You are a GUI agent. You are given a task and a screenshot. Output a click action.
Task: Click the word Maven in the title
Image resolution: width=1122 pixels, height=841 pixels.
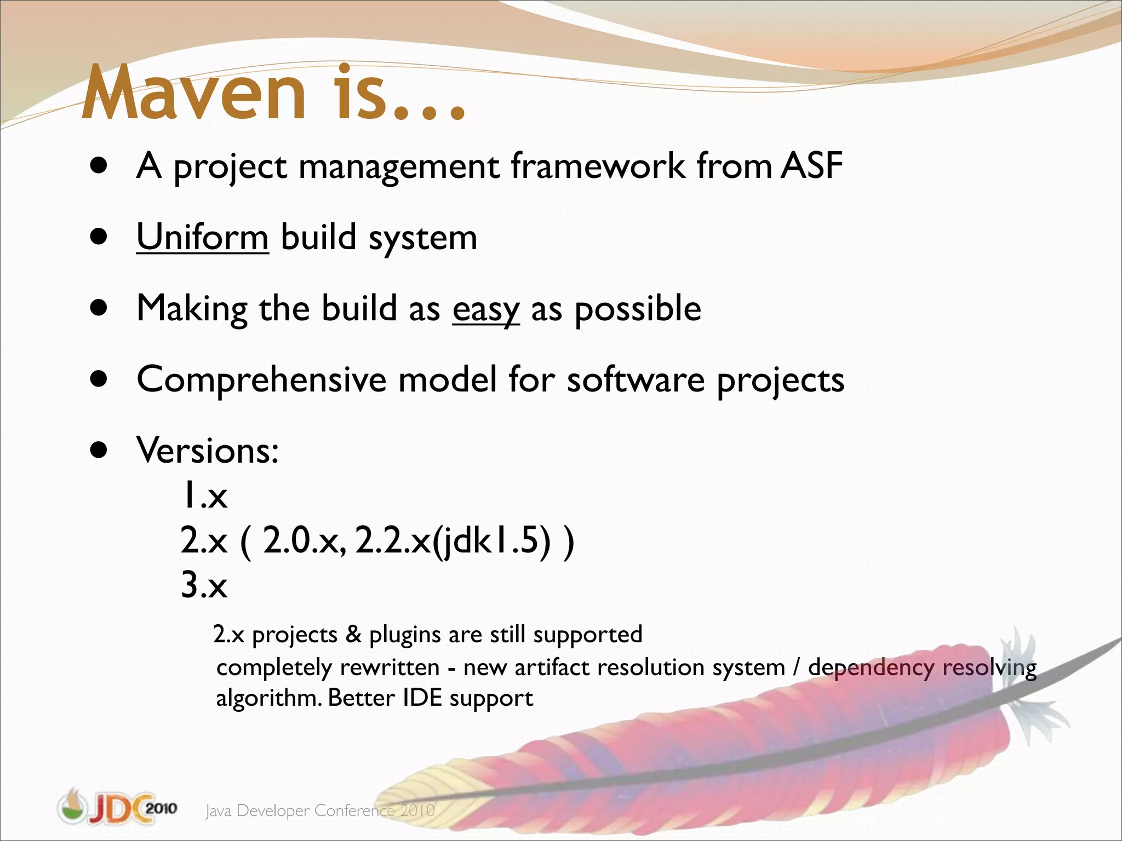coord(194,93)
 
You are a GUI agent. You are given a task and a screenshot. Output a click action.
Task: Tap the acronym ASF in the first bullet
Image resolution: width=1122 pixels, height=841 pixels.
coord(811,166)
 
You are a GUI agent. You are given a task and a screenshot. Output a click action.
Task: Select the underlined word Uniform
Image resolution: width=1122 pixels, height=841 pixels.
coord(202,238)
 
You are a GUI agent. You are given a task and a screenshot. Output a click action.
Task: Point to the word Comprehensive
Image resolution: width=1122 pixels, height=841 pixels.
coord(261,379)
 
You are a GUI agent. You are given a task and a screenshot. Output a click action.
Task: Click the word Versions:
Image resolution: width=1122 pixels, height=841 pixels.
coord(208,451)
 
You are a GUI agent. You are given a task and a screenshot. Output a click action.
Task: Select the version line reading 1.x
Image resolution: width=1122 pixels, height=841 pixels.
coord(204,496)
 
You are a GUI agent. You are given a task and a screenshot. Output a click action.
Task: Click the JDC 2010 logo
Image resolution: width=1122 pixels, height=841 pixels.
coord(117,807)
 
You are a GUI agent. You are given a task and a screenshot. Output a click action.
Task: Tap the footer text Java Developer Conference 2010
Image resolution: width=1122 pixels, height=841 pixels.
coord(320,811)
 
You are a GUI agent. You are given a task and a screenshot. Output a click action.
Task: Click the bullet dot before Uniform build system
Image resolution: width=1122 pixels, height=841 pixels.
coord(99,237)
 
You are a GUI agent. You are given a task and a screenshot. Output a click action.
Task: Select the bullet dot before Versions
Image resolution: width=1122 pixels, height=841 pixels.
coord(99,451)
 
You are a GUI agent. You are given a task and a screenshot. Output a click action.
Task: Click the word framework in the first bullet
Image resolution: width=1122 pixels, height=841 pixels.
coord(598,166)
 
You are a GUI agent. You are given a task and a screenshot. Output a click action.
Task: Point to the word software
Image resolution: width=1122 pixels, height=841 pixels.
coord(636,379)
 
